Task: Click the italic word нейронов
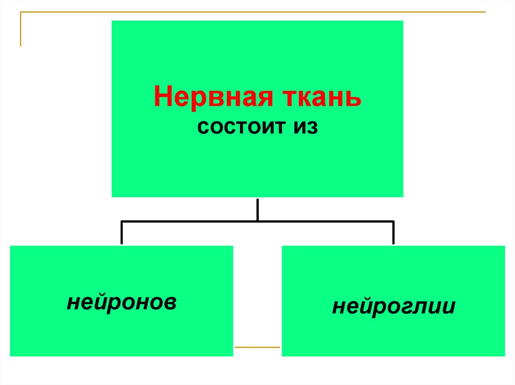[121, 301]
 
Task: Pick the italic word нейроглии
[393, 306]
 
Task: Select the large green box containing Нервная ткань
[257, 161]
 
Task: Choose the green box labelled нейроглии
[393, 331]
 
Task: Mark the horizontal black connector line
[191, 221]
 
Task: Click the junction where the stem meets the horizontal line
[257, 221]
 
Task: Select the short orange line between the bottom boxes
[257, 347]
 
